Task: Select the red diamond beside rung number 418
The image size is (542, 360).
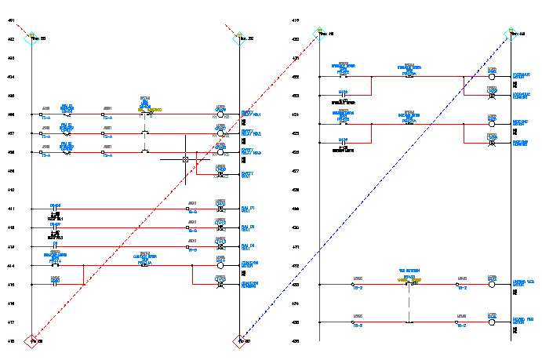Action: [x=31, y=340]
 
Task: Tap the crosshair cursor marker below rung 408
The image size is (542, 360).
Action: [x=186, y=160]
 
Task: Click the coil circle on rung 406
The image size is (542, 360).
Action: [x=221, y=115]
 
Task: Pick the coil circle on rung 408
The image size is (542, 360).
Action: [x=221, y=153]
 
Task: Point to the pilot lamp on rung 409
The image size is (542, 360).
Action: [x=221, y=173]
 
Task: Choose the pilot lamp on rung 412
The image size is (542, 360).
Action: [x=221, y=228]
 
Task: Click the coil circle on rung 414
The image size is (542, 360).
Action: [x=221, y=266]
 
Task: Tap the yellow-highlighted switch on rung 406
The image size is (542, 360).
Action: [x=145, y=112]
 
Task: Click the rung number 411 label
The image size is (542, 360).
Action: [x=12, y=209]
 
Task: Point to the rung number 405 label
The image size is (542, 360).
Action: [x=12, y=96]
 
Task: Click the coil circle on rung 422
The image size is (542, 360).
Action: [x=492, y=77]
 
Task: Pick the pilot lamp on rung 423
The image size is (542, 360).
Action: [x=492, y=96]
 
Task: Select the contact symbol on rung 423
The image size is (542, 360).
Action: [x=343, y=96]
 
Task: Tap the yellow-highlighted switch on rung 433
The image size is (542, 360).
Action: [x=408, y=281]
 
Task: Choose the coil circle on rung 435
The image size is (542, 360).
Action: [x=492, y=322]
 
